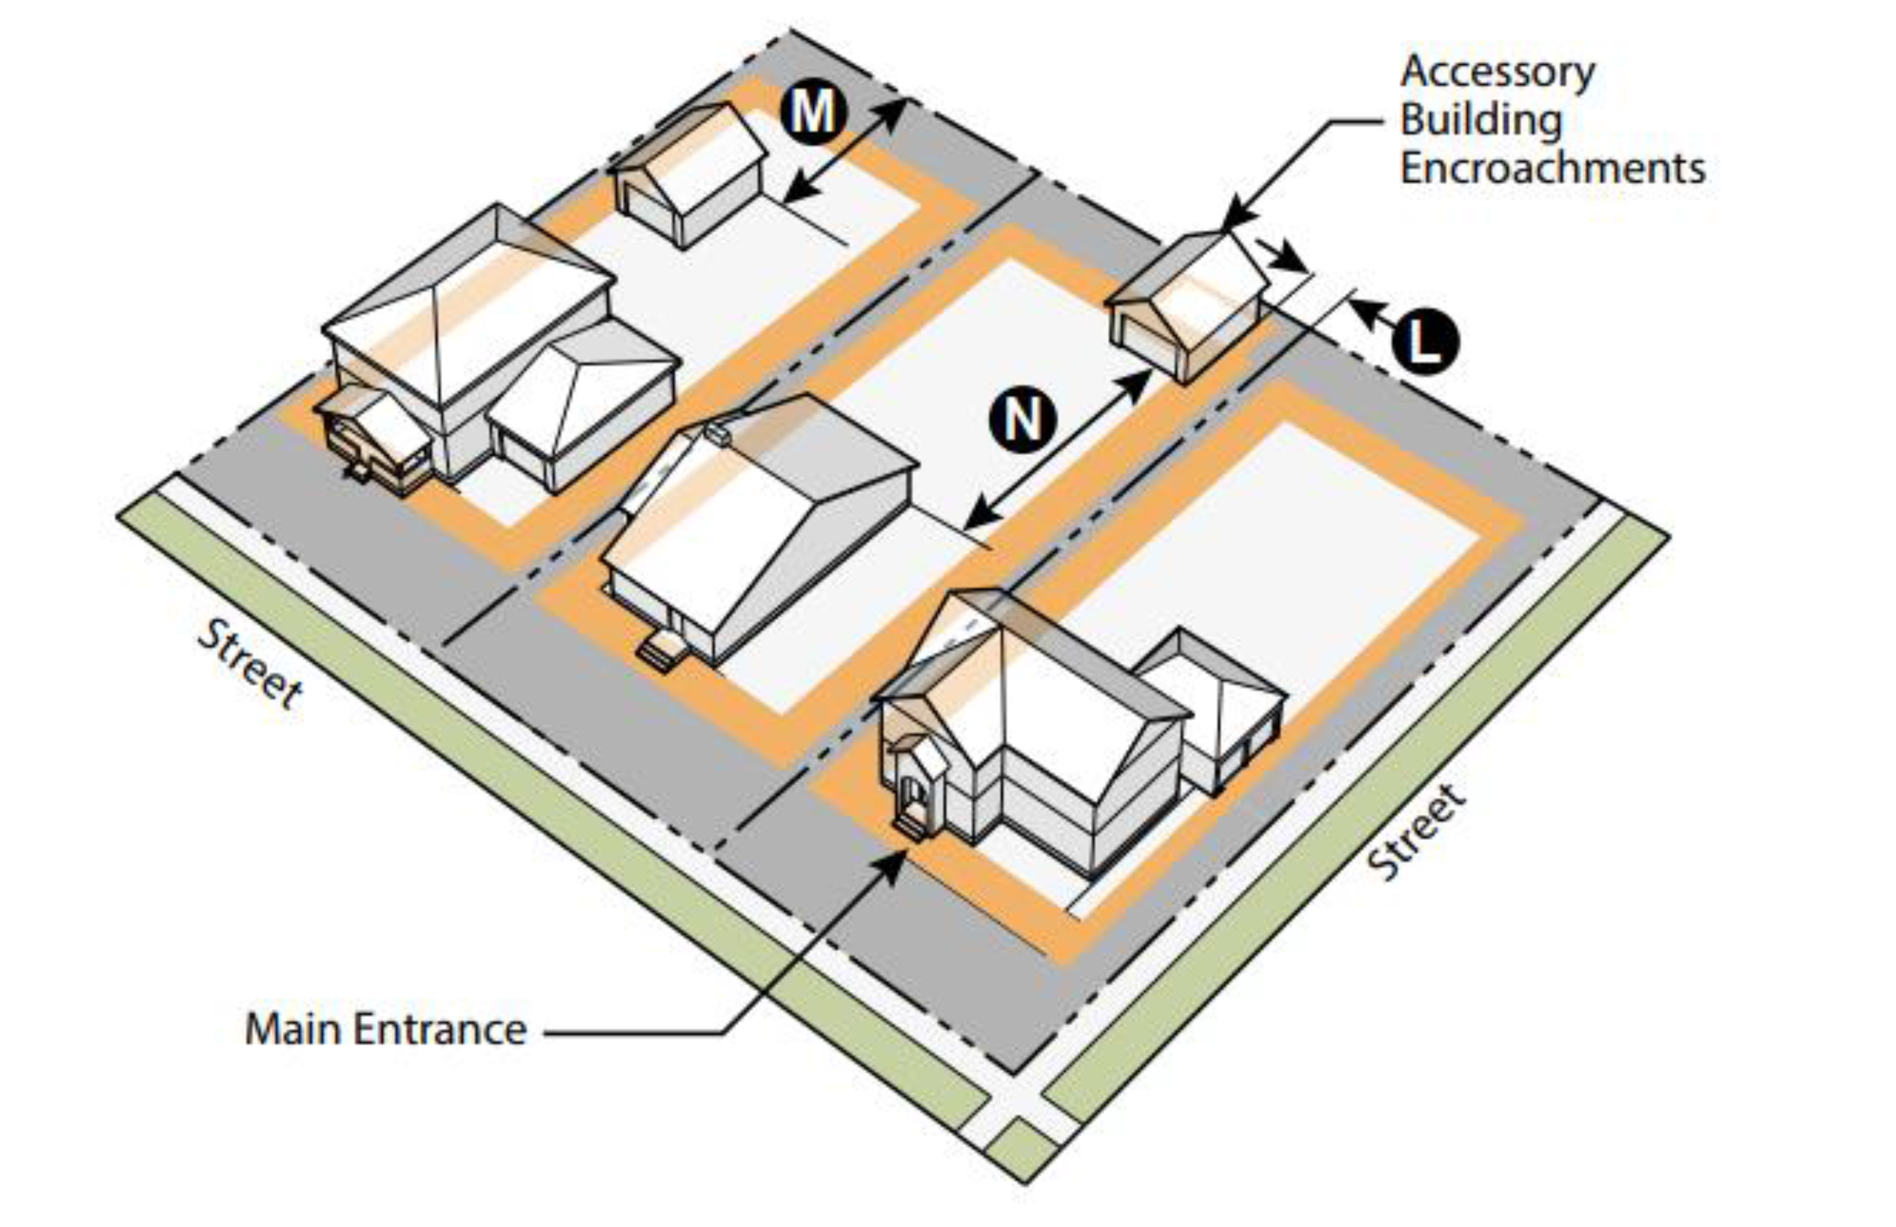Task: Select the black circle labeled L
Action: click(x=1426, y=342)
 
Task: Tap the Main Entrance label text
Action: click(x=386, y=1029)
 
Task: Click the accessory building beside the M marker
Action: click(x=689, y=175)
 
